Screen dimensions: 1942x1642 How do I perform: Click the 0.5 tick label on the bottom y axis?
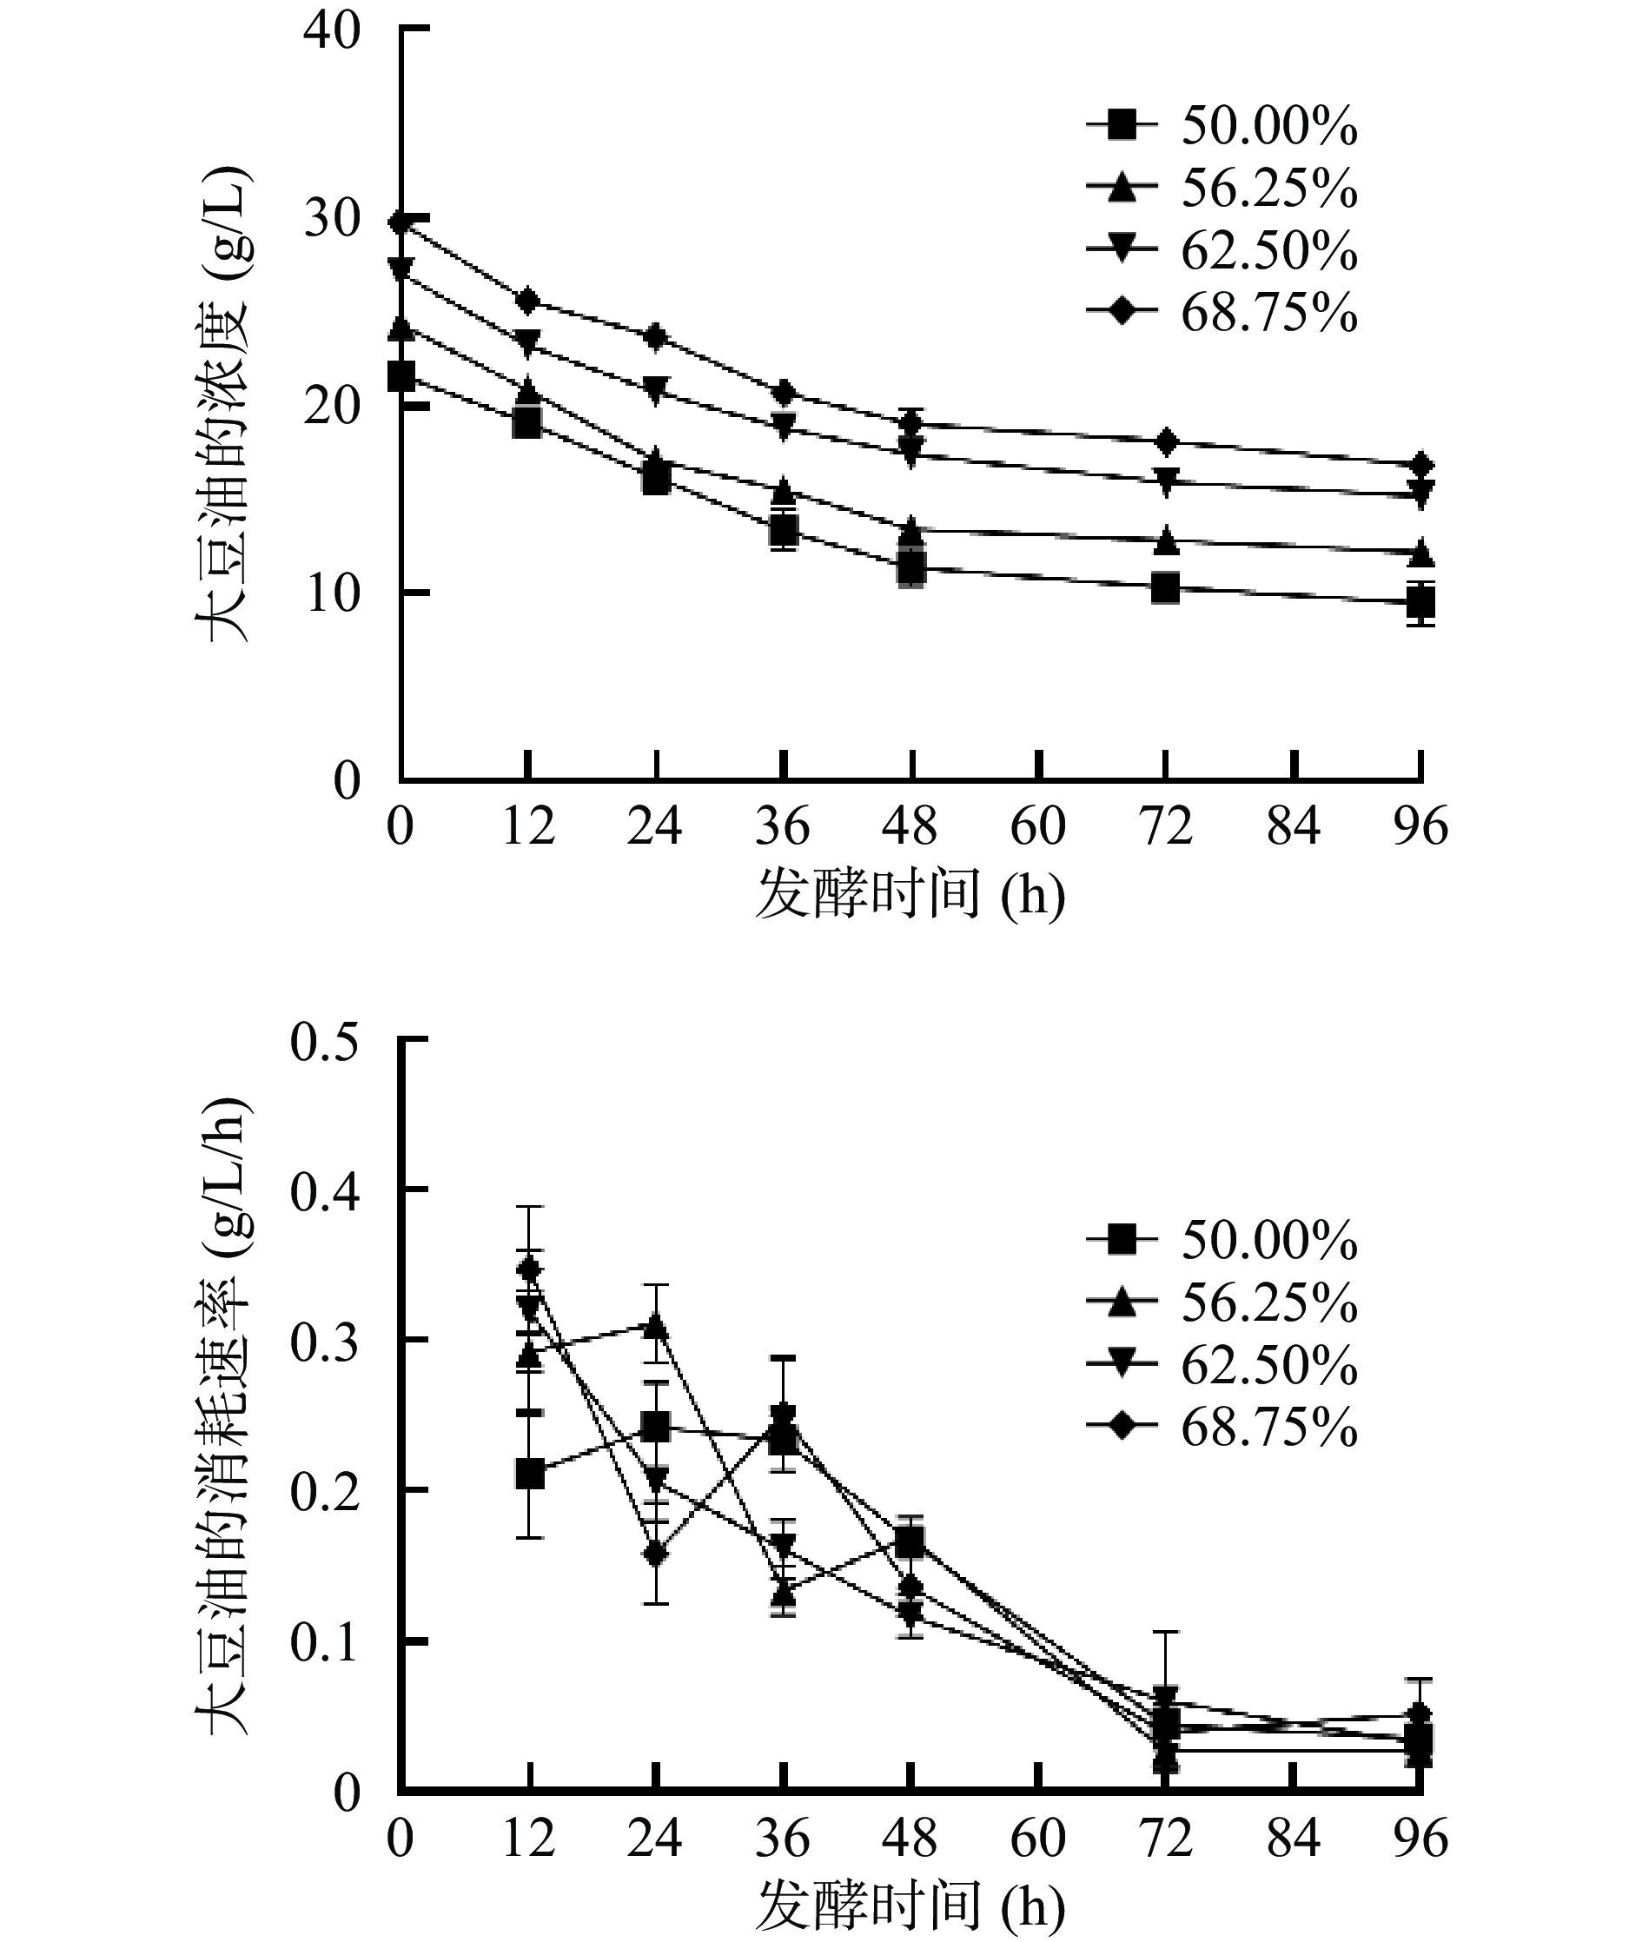323,1042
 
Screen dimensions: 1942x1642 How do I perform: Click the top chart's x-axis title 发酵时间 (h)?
910,895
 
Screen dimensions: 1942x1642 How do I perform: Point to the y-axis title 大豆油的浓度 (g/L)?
226,405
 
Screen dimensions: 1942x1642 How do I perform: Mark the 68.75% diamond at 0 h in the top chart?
401,222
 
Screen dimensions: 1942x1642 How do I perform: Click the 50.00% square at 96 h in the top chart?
1420,603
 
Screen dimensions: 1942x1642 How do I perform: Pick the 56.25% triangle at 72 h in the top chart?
1165,539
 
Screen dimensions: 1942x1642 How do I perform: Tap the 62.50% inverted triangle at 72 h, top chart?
1165,481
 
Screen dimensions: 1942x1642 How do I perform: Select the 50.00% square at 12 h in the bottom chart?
530,1475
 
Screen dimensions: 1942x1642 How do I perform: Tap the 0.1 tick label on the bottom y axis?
323,1643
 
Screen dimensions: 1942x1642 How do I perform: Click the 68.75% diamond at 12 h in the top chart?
529,301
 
